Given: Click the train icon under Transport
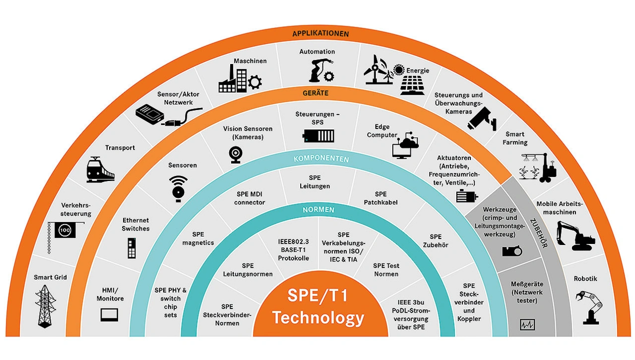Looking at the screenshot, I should click(100, 170).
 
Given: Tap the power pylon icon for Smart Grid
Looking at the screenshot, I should click(45, 305).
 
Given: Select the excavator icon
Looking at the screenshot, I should click(575, 235).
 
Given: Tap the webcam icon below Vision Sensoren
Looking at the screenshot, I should click(235, 154).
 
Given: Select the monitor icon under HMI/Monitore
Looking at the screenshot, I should click(110, 314).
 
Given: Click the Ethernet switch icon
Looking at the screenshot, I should click(131, 247).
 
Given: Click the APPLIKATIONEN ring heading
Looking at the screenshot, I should click(320, 34).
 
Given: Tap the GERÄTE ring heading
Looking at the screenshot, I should click(316, 93).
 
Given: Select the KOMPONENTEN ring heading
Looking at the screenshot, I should click(321, 159).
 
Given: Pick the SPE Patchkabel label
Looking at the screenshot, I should click(381, 198).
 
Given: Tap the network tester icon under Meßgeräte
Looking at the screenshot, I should click(527, 325).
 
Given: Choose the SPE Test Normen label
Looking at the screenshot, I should click(386, 270).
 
